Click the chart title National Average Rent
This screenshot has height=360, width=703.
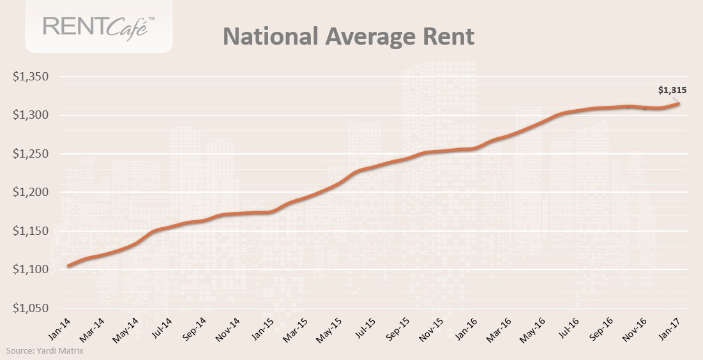click(348, 36)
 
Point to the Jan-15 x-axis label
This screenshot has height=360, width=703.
click(262, 327)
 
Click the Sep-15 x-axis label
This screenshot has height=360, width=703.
click(398, 327)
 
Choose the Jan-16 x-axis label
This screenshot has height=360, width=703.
click(466, 327)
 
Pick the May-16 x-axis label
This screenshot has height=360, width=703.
click(533, 327)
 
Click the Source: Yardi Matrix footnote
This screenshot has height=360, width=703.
click(45, 350)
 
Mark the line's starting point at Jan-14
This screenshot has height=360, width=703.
click(68, 266)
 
